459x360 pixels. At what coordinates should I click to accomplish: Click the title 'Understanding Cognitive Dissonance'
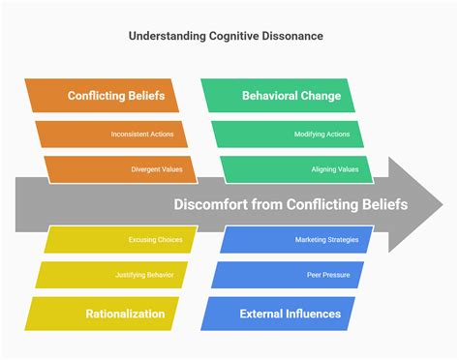[227, 36]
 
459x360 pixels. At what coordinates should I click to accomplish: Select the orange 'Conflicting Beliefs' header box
[115, 96]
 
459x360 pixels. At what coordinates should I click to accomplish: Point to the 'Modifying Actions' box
[289, 134]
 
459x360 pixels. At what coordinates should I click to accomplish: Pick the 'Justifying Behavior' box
[114, 276]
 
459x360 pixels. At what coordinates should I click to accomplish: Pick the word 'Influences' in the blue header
[307, 314]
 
